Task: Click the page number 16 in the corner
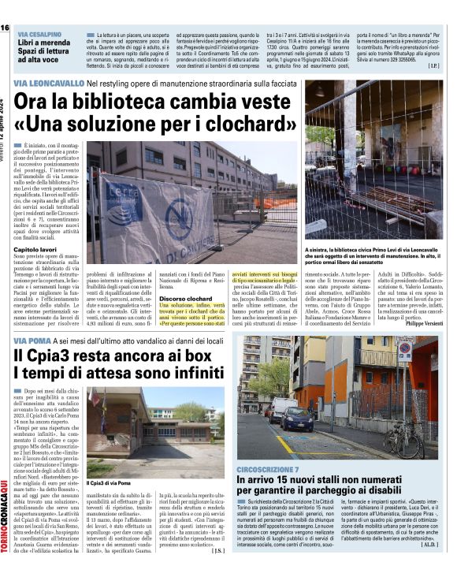(6, 28)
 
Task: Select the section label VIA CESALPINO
(40, 35)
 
